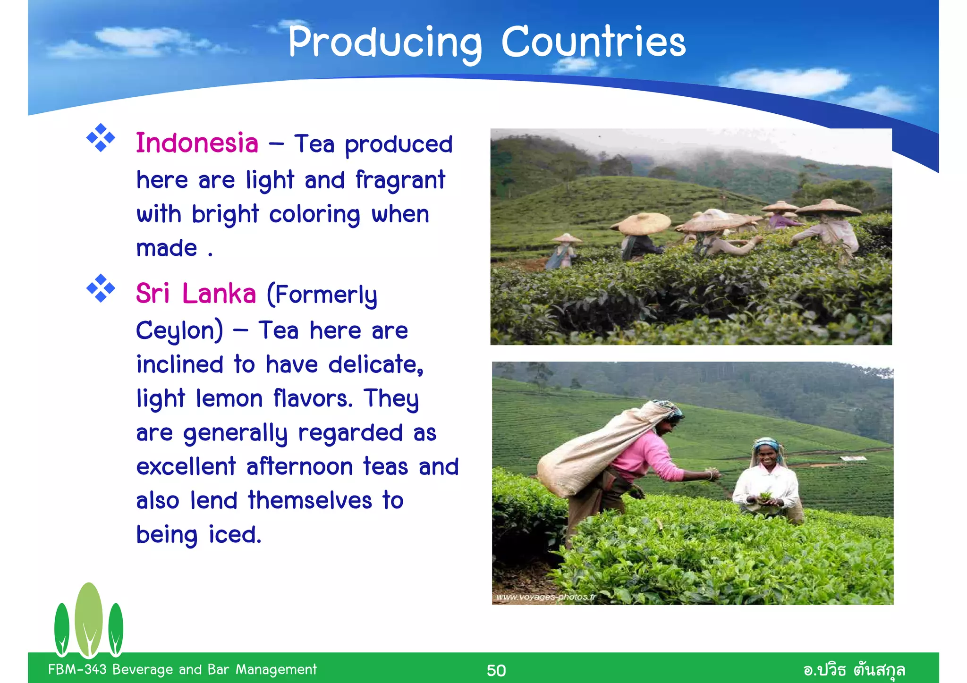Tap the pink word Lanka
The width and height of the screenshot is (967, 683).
tap(219, 294)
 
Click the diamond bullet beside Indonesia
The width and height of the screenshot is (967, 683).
tap(101, 138)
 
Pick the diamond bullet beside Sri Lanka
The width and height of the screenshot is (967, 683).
tap(101, 288)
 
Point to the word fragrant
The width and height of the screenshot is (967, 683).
tap(400, 180)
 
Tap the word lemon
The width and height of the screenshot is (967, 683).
tap(229, 398)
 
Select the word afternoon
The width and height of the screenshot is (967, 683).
tap(299, 467)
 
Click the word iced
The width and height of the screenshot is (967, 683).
tap(235, 535)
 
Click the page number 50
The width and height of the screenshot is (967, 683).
tap(496, 670)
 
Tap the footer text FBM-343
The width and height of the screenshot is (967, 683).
tap(77, 669)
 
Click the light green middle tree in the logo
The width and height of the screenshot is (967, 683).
tap(89, 618)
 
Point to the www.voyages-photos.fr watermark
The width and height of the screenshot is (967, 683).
tap(546, 597)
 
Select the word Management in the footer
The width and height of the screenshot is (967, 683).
tap(276, 669)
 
